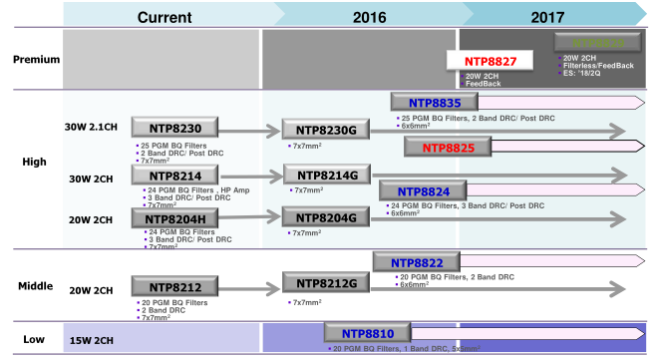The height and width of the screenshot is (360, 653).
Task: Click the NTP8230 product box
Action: tap(173, 128)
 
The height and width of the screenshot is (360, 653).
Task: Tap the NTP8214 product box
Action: tap(173, 177)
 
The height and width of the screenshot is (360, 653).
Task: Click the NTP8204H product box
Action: tap(173, 219)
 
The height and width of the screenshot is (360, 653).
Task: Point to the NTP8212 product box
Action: tap(173, 288)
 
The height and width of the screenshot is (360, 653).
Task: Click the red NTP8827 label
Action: tap(489, 62)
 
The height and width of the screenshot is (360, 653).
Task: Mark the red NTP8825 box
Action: tap(447, 148)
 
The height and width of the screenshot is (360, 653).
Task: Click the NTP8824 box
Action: tap(422, 190)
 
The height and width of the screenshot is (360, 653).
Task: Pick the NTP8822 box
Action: tap(416, 261)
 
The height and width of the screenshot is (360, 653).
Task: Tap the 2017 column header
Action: tap(546, 16)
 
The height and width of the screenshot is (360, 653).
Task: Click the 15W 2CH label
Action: tap(92, 340)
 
